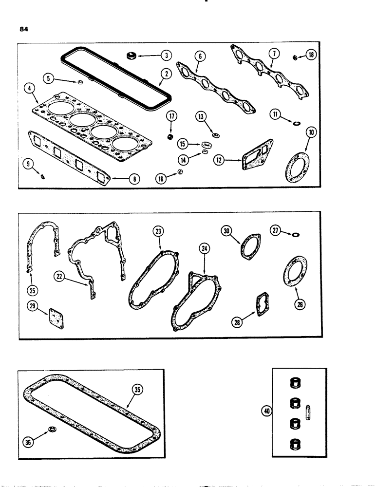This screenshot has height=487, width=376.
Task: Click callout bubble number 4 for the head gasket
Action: click(x=31, y=89)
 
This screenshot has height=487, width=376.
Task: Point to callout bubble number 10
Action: click(x=310, y=132)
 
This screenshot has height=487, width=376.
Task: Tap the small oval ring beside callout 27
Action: click(x=295, y=235)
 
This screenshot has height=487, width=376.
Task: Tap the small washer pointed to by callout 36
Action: click(x=52, y=429)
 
